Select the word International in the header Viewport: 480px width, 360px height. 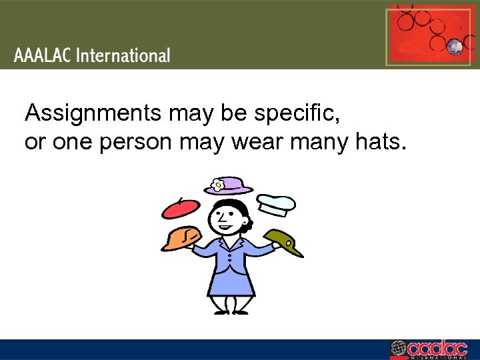click(x=123, y=55)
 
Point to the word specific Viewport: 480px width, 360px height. click(x=301, y=114)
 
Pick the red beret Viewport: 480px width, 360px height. click(x=181, y=208)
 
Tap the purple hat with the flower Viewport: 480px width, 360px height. click(x=228, y=187)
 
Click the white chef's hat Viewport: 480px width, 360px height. click(x=276, y=203)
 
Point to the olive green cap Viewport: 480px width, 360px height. click(x=284, y=240)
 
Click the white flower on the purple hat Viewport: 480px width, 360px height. click(x=217, y=183)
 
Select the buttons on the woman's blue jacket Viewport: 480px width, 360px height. click(x=229, y=257)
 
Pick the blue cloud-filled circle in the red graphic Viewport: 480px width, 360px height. click(x=455, y=46)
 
